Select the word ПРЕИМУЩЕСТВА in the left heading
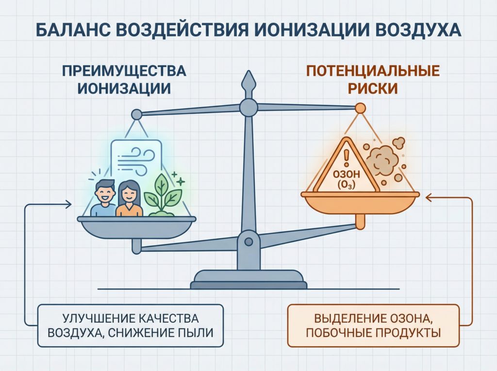[x=124, y=71]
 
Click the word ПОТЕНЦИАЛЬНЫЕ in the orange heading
[x=373, y=71]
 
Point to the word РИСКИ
[x=373, y=88]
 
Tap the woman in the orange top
[x=129, y=199]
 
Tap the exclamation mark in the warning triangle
[x=346, y=158]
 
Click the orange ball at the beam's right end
[x=360, y=108]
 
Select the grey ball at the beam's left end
[x=136, y=114]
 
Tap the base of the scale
[x=248, y=279]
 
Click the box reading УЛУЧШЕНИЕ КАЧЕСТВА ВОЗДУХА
[x=130, y=325]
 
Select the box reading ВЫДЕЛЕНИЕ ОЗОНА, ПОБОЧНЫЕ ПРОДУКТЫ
[x=373, y=326]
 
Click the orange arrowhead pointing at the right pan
[x=430, y=198]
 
